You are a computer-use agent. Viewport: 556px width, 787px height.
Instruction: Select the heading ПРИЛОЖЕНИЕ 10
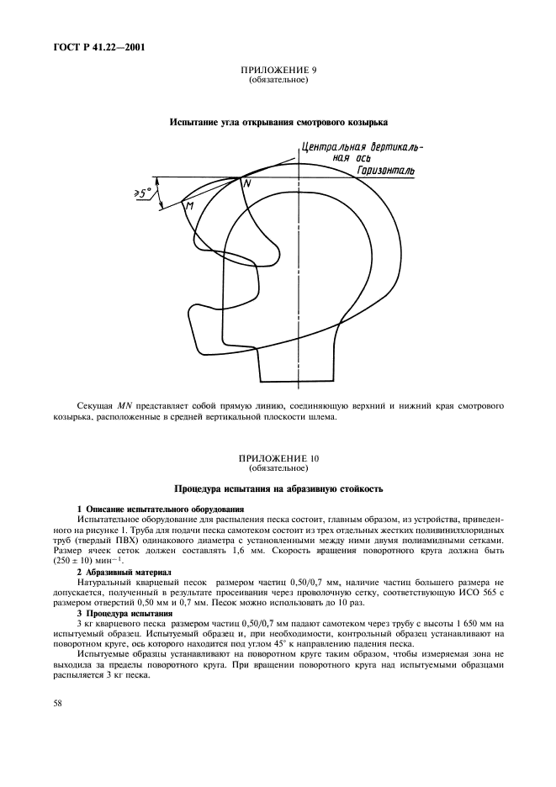(278, 457)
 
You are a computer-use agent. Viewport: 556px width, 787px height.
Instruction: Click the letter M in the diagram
(190, 205)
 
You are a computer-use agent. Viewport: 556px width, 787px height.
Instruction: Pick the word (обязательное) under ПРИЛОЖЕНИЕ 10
(278, 467)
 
